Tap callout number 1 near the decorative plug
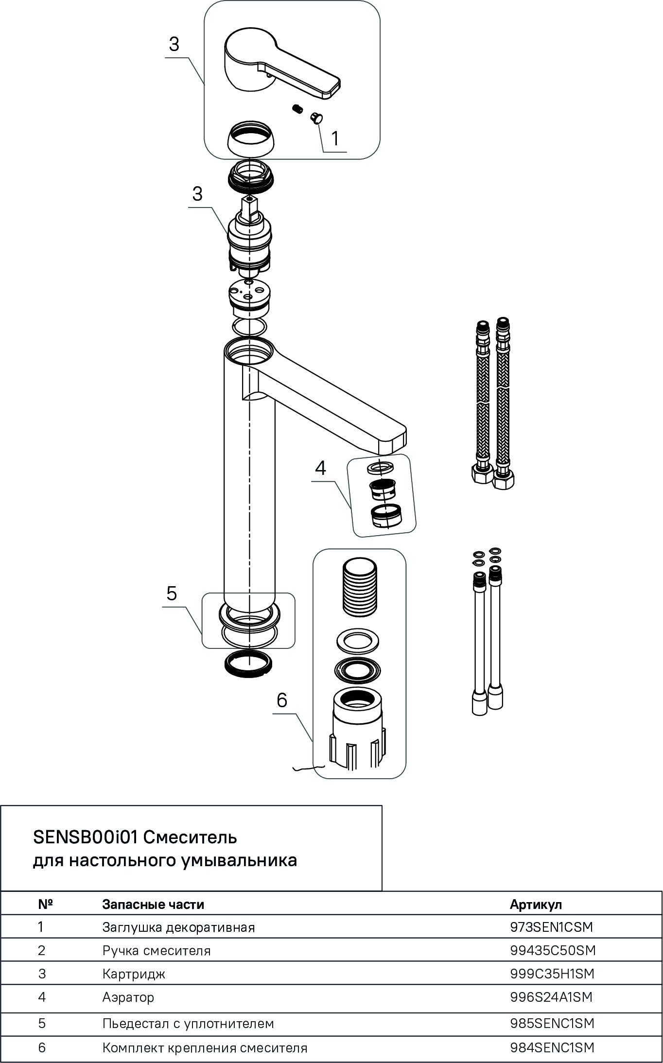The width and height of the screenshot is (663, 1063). [335, 139]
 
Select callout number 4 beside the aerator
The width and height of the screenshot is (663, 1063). [320, 469]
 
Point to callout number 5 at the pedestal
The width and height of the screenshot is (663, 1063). [172, 593]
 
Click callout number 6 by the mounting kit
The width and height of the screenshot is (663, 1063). [282, 700]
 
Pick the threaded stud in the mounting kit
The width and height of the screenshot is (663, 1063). [360, 586]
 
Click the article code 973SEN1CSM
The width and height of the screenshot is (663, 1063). [552, 927]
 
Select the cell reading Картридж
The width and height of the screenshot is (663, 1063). [134, 974]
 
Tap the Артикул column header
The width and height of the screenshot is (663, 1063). [536, 904]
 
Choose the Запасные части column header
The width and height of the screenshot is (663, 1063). [153, 904]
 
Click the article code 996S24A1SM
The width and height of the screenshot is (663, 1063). [551, 997]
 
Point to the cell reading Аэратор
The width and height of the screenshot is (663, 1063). [128, 997]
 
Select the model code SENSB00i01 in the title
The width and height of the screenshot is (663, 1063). [86, 837]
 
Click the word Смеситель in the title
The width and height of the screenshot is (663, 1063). [191, 837]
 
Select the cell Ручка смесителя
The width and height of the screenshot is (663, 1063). [157, 950]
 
